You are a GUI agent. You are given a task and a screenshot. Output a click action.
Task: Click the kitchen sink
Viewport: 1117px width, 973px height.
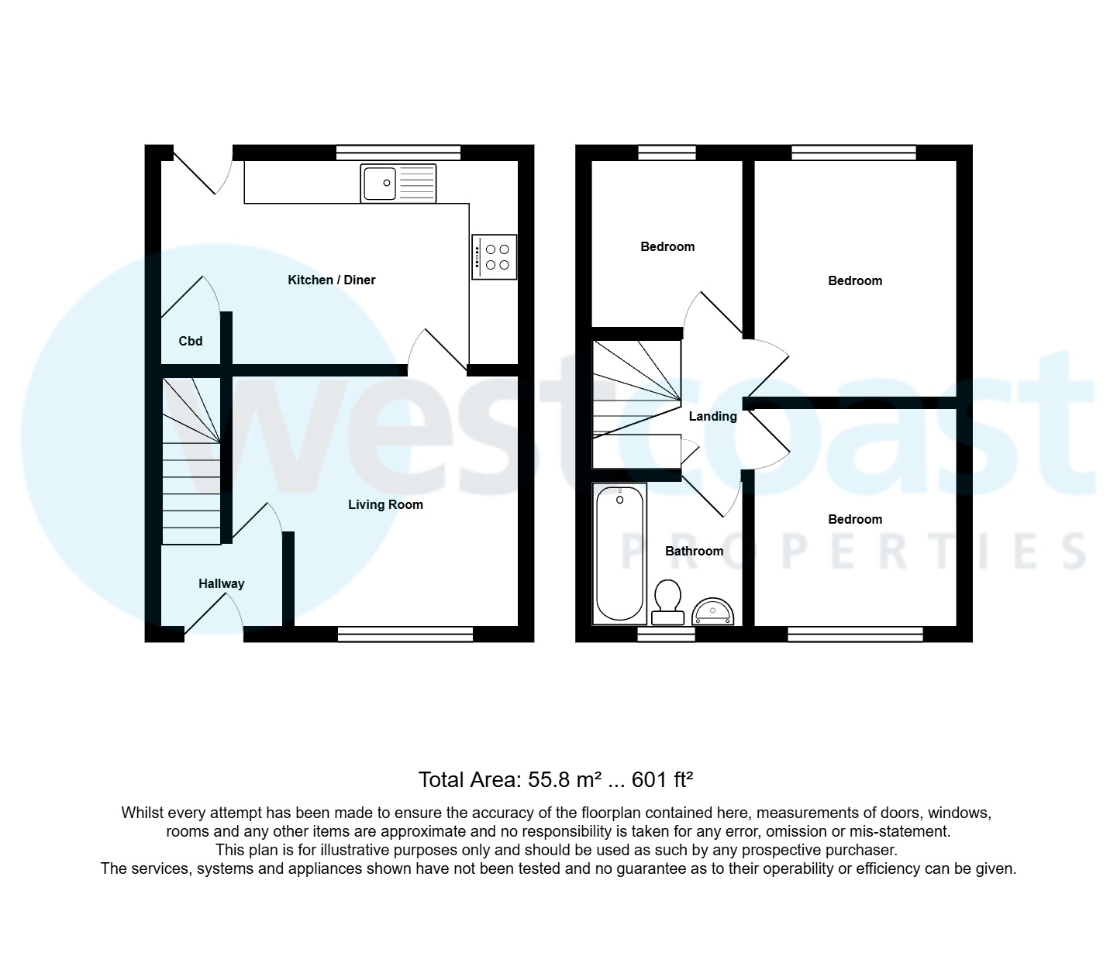(398, 184)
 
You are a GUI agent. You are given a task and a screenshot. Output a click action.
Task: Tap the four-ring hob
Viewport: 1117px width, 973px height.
(494, 257)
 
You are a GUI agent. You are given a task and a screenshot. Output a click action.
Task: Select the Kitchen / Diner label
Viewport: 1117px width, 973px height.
(332, 280)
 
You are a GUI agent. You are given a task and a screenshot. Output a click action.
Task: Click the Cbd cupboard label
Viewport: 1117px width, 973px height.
(191, 341)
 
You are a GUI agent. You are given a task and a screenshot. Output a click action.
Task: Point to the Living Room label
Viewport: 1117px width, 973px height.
(385, 504)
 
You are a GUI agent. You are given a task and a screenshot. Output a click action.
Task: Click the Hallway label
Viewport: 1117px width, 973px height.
(221, 583)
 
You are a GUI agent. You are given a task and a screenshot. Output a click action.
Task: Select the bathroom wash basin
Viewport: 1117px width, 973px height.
(712, 612)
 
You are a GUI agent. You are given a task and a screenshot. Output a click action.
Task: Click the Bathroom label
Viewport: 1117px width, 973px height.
(694, 551)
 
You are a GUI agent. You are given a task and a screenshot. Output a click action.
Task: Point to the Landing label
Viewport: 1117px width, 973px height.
(712, 416)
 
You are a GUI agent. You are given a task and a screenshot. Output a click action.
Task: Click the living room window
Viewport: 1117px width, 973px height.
(405, 634)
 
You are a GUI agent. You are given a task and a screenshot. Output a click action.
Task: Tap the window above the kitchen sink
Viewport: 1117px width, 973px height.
(398, 153)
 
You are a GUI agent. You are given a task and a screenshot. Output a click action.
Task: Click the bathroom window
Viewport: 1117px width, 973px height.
(667, 634)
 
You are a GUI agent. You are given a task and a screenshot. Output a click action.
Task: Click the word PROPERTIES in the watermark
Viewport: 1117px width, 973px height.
(853, 551)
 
